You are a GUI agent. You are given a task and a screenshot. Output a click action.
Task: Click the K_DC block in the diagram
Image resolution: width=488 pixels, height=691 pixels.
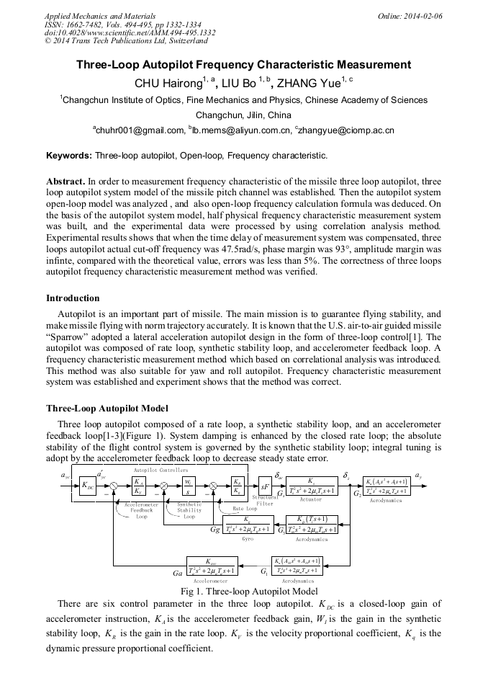point(86,487)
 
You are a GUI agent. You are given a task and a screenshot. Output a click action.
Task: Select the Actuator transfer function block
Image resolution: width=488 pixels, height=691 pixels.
point(311,486)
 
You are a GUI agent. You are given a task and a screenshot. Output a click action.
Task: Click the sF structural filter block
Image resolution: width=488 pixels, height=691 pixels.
point(266,487)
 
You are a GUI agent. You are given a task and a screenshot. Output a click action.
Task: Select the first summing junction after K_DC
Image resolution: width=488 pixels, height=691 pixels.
point(114,487)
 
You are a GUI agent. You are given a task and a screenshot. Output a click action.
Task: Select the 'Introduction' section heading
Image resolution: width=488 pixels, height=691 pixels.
point(73,298)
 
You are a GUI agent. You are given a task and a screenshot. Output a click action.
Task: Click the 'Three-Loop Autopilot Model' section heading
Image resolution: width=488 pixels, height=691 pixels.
point(107,408)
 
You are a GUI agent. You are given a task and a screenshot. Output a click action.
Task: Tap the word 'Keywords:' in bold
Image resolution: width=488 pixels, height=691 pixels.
point(69,155)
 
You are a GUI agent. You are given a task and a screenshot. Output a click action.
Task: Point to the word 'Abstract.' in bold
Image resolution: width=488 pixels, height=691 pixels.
point(65,181)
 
